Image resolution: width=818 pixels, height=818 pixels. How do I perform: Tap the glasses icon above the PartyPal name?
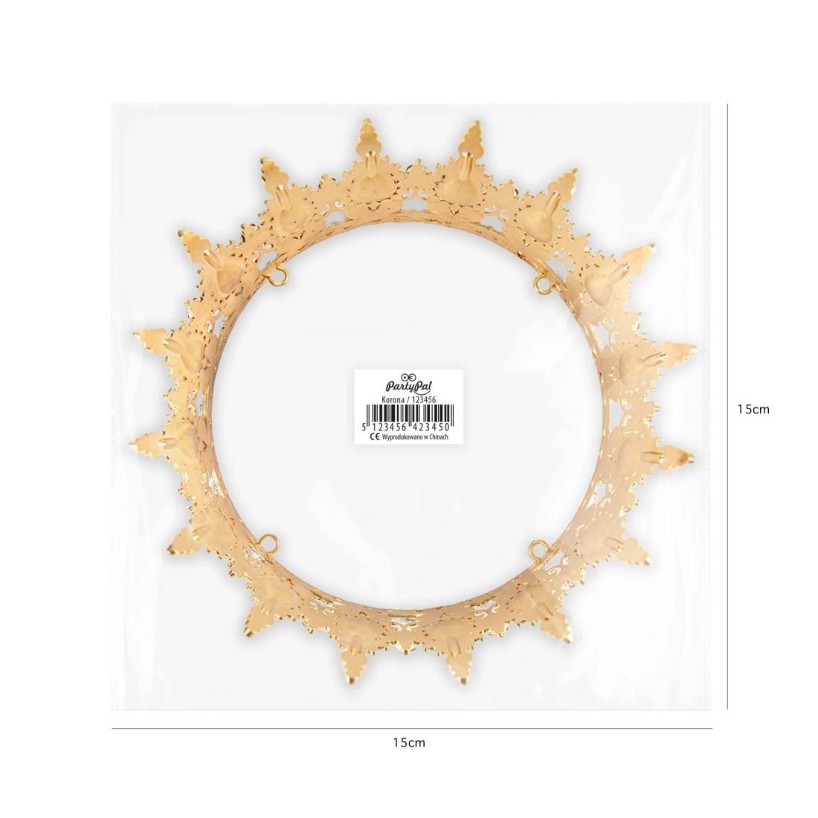pos(408,377)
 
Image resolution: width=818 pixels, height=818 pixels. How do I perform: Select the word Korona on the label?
pos(393,399)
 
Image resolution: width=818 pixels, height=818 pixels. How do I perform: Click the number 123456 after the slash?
pos(424,399)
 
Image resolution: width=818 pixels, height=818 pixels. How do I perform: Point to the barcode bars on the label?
pos(410,414)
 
